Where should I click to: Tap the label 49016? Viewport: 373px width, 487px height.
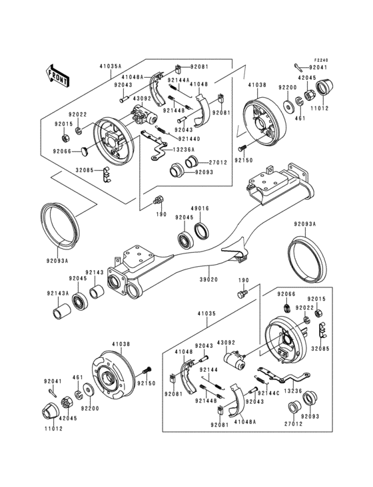(201, 208)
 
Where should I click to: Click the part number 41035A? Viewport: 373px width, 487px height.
(111, 67)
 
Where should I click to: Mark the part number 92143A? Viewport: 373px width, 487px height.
(56, 293)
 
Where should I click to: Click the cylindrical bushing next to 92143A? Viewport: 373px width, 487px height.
(63, 311)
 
